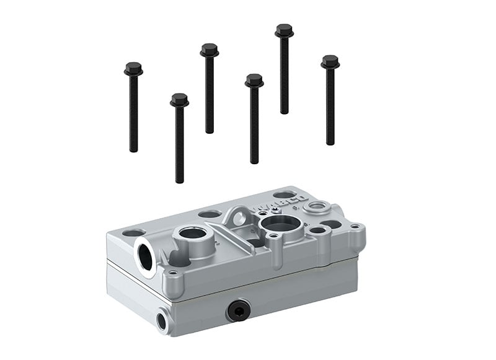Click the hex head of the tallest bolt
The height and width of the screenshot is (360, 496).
284,30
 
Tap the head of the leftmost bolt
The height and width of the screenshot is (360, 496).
133,68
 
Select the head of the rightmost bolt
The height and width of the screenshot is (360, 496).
330,62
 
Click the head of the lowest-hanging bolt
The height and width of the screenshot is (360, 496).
179,100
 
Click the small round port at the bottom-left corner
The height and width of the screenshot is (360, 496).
162,320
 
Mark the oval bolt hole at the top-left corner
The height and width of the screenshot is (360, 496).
134,233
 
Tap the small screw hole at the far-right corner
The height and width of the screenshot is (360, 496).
354,226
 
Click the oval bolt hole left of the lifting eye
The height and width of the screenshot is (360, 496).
209,214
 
